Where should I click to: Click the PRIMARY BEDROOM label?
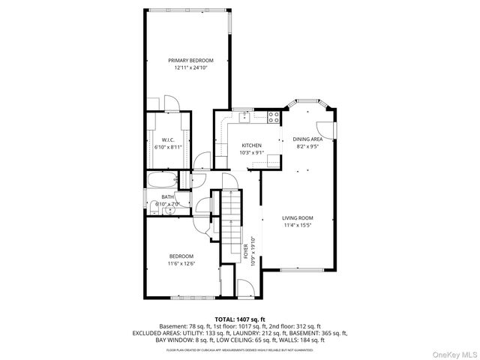190,60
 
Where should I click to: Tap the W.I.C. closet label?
168,140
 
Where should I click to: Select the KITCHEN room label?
251,145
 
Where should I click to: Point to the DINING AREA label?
307,139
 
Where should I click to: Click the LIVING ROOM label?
298,218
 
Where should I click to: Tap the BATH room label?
167,197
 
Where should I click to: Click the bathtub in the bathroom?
162,180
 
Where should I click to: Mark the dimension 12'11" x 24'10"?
190,67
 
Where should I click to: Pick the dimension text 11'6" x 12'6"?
181,263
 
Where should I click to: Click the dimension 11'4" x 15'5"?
298,225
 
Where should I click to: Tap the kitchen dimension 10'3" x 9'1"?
251,153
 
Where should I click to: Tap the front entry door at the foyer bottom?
246,288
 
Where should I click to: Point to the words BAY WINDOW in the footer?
174,340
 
